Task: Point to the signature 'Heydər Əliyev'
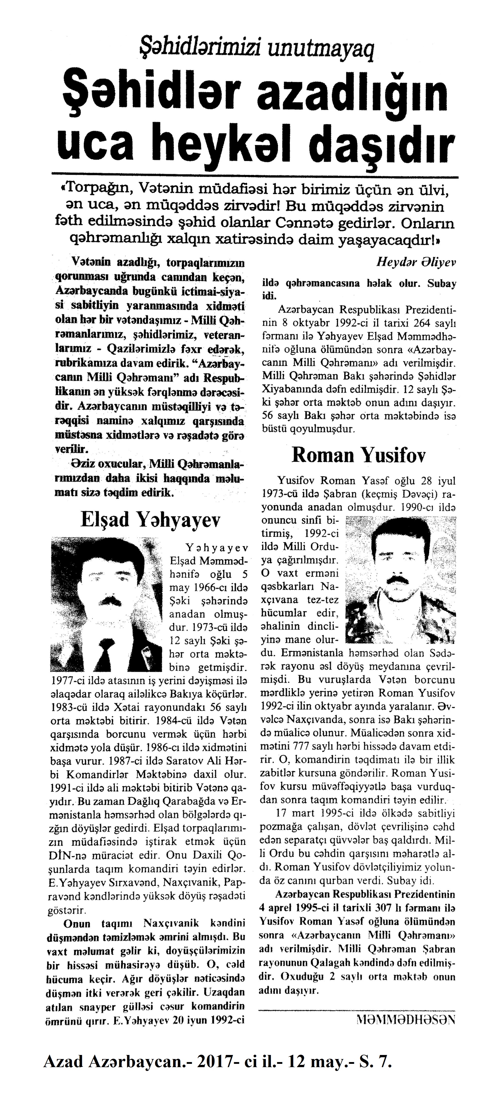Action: click(416, 262)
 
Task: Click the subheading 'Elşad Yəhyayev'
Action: click(151, 520)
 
